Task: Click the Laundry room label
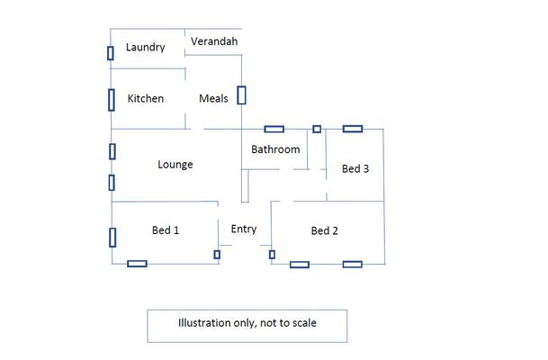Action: click(145, 48)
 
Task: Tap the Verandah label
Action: click(213, 41)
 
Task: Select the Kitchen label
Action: click(146, 98)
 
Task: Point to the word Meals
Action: click(213, 98)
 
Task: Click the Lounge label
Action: click(175, 164)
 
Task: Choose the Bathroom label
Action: click(274, 149)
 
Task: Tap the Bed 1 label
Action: click(166, 230)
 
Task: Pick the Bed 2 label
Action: click(324, 230)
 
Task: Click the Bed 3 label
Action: click(355, 168)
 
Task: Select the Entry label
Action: click(244, 229)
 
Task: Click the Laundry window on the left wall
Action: click(111, 53)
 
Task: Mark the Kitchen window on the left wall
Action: click(112, 98)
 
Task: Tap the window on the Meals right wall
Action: click(241, 94)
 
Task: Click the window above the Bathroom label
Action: click(274, 129)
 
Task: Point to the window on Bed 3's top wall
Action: click(352, 129)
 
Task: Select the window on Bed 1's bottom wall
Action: click(137, 264)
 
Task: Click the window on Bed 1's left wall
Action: click(112, 238)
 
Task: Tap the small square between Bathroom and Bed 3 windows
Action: click(316, 129)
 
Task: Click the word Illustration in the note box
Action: click(206, 322)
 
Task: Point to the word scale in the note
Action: click(305, 322)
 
